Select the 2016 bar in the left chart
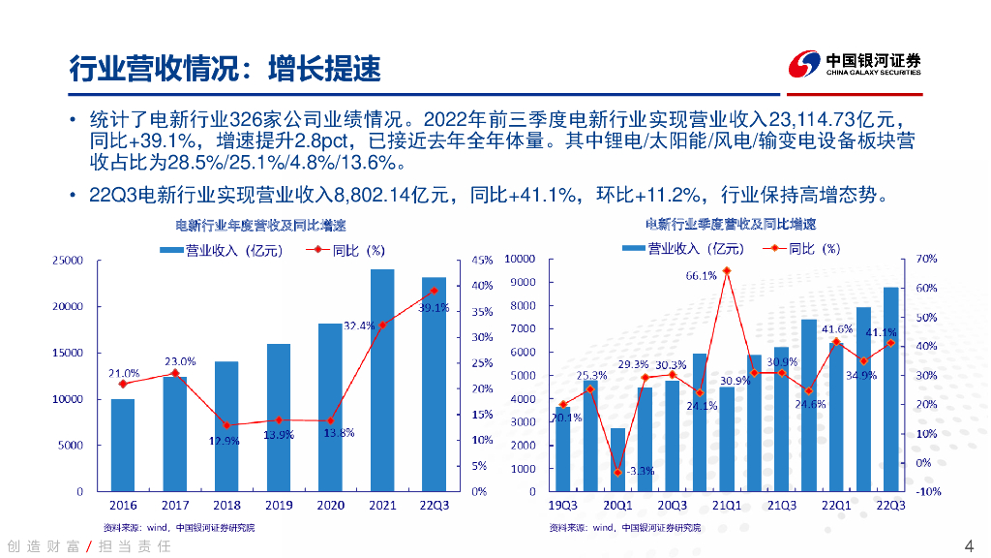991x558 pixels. coord(123,445)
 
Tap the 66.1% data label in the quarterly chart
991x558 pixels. coord(702,276)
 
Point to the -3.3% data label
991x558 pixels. coord(640,471)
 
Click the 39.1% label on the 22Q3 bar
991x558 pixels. coord(434,308)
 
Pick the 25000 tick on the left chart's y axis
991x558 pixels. coord(67,261)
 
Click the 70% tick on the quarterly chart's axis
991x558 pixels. coord(926,260)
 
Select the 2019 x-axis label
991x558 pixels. coord(279,505)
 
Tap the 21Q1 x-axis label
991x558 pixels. coord(727,505)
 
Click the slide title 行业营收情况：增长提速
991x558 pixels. coord(225,68)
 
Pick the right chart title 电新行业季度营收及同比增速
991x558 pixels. coord(730,225)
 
